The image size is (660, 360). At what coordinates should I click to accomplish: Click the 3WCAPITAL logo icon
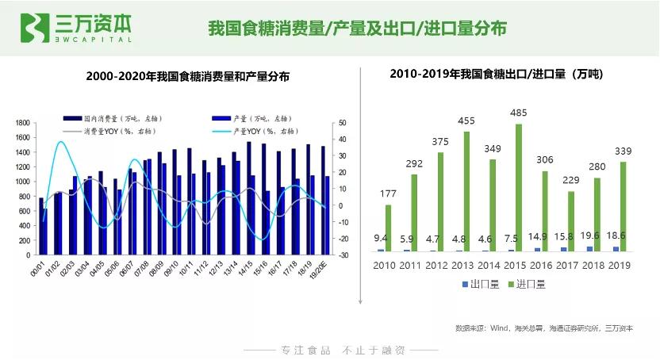pyautogui.click(x=29, y=29)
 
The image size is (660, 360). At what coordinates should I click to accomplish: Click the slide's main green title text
pyautogui.click(x=357, y=29)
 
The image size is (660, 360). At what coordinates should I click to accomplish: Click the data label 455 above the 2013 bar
pyautogui.click(x=466, y=121)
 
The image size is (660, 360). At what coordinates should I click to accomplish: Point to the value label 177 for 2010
pyautogui.click(x=388, y=195)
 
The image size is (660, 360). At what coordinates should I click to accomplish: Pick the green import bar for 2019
pyautogui.click(x=624, y=206)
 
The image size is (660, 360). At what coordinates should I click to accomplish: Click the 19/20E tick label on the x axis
pyautogui.click(x=321, y=270)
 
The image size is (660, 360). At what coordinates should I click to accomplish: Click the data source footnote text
pyautogui.click(x=544, y=327)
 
